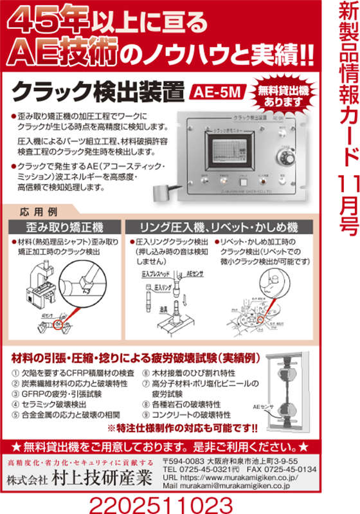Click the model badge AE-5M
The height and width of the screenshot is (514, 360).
click(217, 91)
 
